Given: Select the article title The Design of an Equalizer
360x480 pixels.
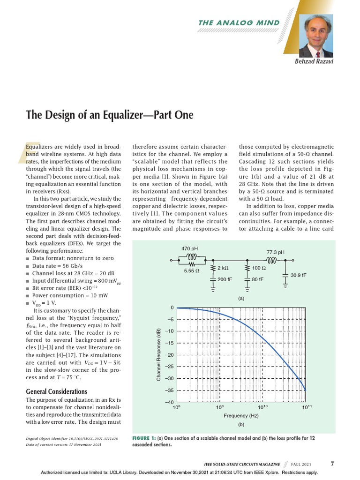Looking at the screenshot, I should pyautogui.click(x=109, y=115).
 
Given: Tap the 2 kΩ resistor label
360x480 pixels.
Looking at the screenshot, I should pyautogui.click(x=224, y=268).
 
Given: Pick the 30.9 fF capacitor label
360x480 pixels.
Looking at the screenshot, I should pyautogui.click(x=298, y=275).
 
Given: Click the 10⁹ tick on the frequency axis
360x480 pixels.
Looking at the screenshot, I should pyautogui.click(x=219, y=408).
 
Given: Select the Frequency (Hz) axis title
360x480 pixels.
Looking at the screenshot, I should pyautogui.click(x=241, y=416).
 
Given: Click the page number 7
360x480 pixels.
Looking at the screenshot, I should pyautogui.click(x=332, y=464).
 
